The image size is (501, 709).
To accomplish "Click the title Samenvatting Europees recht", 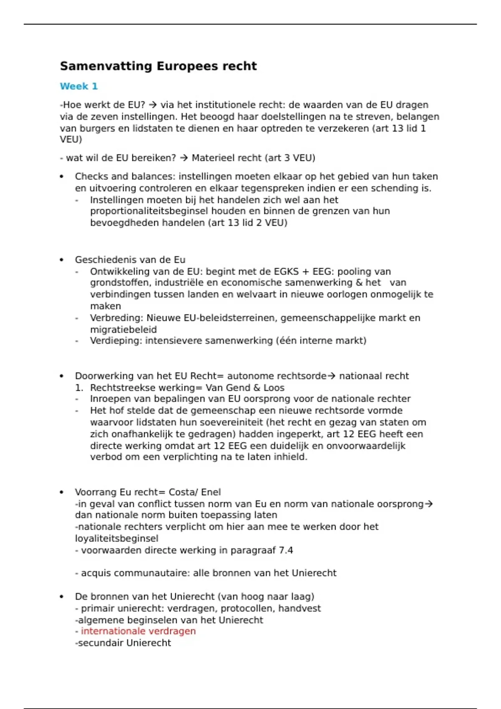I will point(158,66).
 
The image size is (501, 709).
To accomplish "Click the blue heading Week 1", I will point(78,86).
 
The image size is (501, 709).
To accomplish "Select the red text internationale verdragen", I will point(138,631).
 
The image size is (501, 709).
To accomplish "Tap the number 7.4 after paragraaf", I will point(286,550).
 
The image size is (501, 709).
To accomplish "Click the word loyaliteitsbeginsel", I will point(116,538).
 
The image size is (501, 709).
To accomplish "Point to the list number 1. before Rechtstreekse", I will point(79,388).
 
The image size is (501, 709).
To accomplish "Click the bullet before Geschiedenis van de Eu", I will point(62,260).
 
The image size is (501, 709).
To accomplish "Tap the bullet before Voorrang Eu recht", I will point(62,492).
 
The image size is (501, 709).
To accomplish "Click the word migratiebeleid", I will point(123,329).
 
